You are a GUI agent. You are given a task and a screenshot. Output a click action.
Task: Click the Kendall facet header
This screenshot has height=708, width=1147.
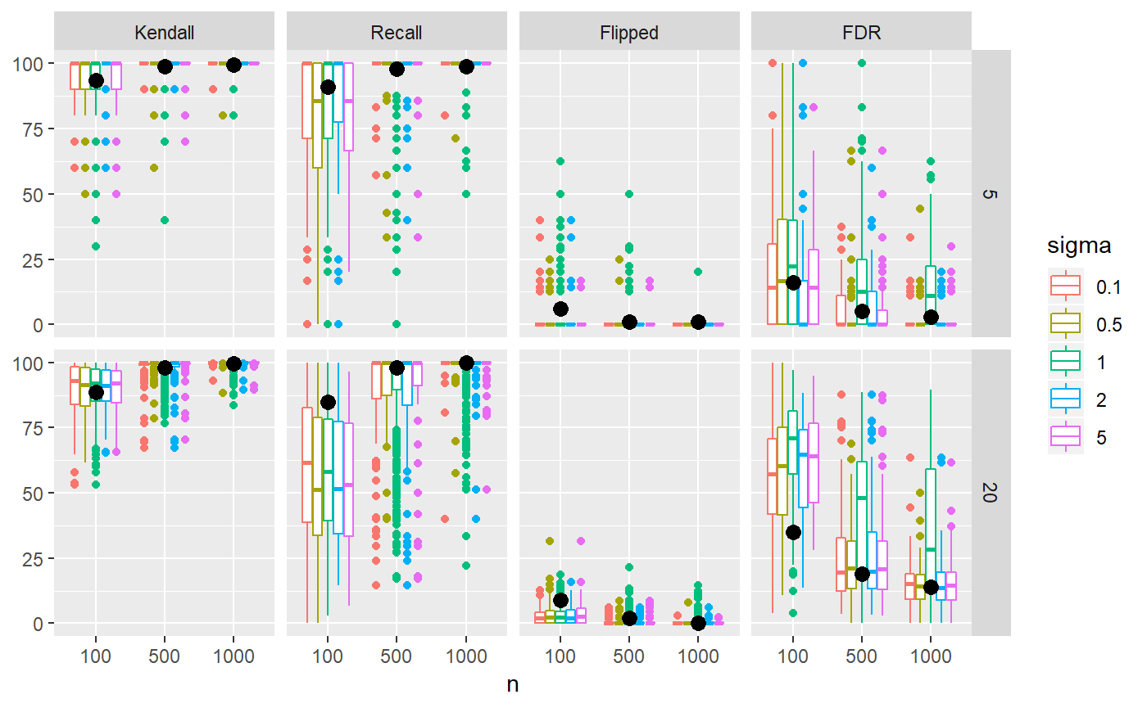click(164, 33)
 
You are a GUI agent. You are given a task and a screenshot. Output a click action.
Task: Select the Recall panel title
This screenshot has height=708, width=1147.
click(397, 33)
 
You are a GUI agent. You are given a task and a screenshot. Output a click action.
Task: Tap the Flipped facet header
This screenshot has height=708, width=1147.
click(629, 33)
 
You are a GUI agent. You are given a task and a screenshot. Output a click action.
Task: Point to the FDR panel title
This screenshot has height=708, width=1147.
click(861, 33)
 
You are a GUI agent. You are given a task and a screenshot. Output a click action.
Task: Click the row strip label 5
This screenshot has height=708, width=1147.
click(991, 193)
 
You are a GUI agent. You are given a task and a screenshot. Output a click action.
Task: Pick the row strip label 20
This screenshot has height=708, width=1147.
click(991, 492)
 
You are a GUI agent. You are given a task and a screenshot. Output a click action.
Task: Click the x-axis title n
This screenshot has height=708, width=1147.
click(513, 685)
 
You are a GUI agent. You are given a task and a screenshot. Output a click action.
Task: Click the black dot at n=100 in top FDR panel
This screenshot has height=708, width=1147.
click(792, 282)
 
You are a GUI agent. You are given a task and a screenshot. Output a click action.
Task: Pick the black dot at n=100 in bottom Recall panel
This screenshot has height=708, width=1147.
click(328, 402)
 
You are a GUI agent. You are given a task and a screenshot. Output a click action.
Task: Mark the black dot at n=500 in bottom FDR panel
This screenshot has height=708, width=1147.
click(861, 573)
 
